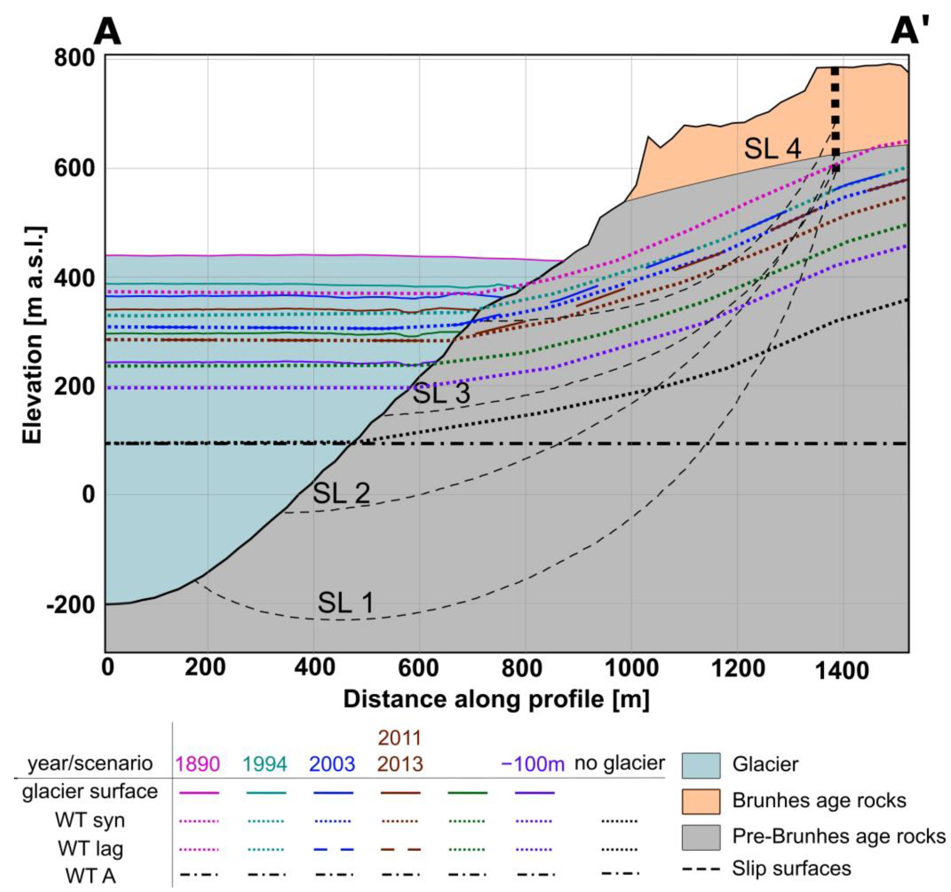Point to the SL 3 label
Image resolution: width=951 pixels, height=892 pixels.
tap(441, 393)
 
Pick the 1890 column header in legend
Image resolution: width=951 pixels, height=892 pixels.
tap(197, 764)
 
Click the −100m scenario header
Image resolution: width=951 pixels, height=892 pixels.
tap(532, 764)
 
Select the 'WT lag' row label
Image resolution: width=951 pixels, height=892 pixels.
tap(90, 849)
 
